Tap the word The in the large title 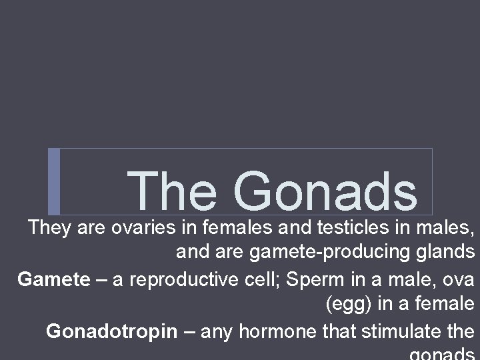(x=173, y=191)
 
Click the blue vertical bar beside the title (x=54, y=181)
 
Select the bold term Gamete (x=53, y=279)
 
